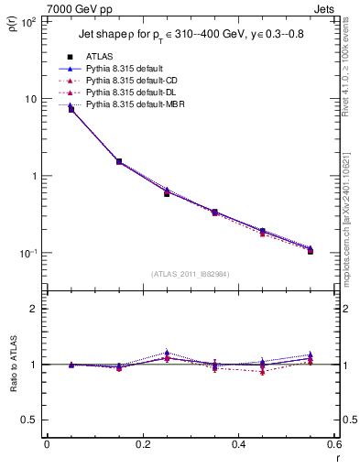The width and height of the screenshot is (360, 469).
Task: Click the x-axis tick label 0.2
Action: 142,443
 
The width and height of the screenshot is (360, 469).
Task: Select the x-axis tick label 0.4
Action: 238,443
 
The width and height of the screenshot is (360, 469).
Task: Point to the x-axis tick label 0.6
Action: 332,443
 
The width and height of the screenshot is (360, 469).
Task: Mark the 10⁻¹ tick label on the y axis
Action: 29,254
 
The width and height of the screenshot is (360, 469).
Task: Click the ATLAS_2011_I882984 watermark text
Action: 190,274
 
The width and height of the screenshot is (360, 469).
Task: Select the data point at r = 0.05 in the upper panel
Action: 71,109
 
